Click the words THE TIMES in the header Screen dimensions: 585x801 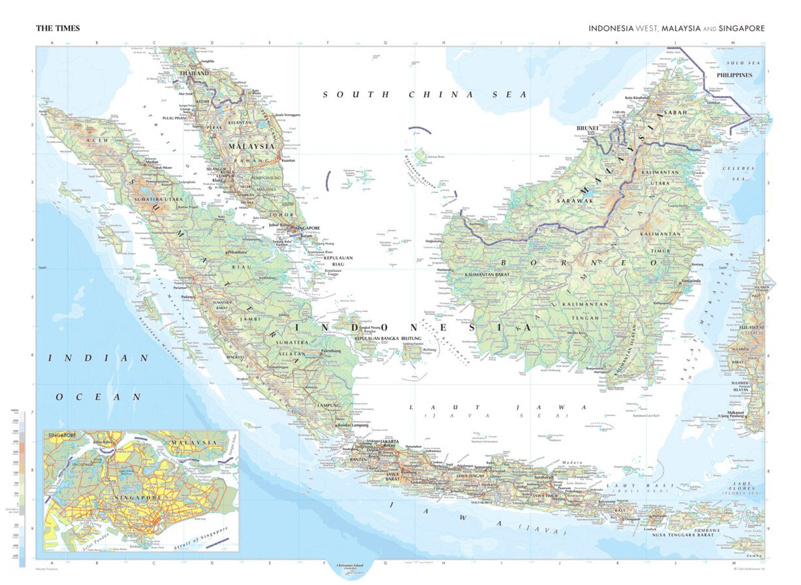pos(58,28)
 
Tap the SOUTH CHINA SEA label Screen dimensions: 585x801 pos(425,95)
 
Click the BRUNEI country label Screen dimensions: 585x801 pos(587,127)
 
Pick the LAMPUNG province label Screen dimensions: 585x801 pos(329,405)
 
